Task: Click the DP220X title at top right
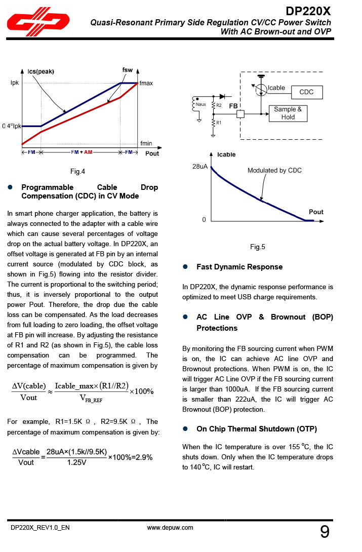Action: (x=308, y=11)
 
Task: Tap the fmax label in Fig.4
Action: (x=146, y=83)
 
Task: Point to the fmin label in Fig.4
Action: (x=146, y=143)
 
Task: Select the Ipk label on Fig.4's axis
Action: (x=15, y=83)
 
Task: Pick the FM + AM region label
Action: (x=81, y=152)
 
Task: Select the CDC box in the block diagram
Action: (x=306, y=92)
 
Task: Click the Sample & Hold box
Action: (x=288, y=113)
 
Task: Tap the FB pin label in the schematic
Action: (x=233, y=106)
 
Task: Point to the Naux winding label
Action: (x=201, y=105)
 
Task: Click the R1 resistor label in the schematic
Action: (x=219, y=123)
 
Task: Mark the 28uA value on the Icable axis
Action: (x=200, y=167)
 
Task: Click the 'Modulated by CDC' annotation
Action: (x=274, y=170)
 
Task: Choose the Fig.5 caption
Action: (x=258, y=247)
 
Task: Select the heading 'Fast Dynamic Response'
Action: (x=239, y=267)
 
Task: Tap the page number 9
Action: (x=325, y=532)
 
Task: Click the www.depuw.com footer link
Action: (x=170, y=528)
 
